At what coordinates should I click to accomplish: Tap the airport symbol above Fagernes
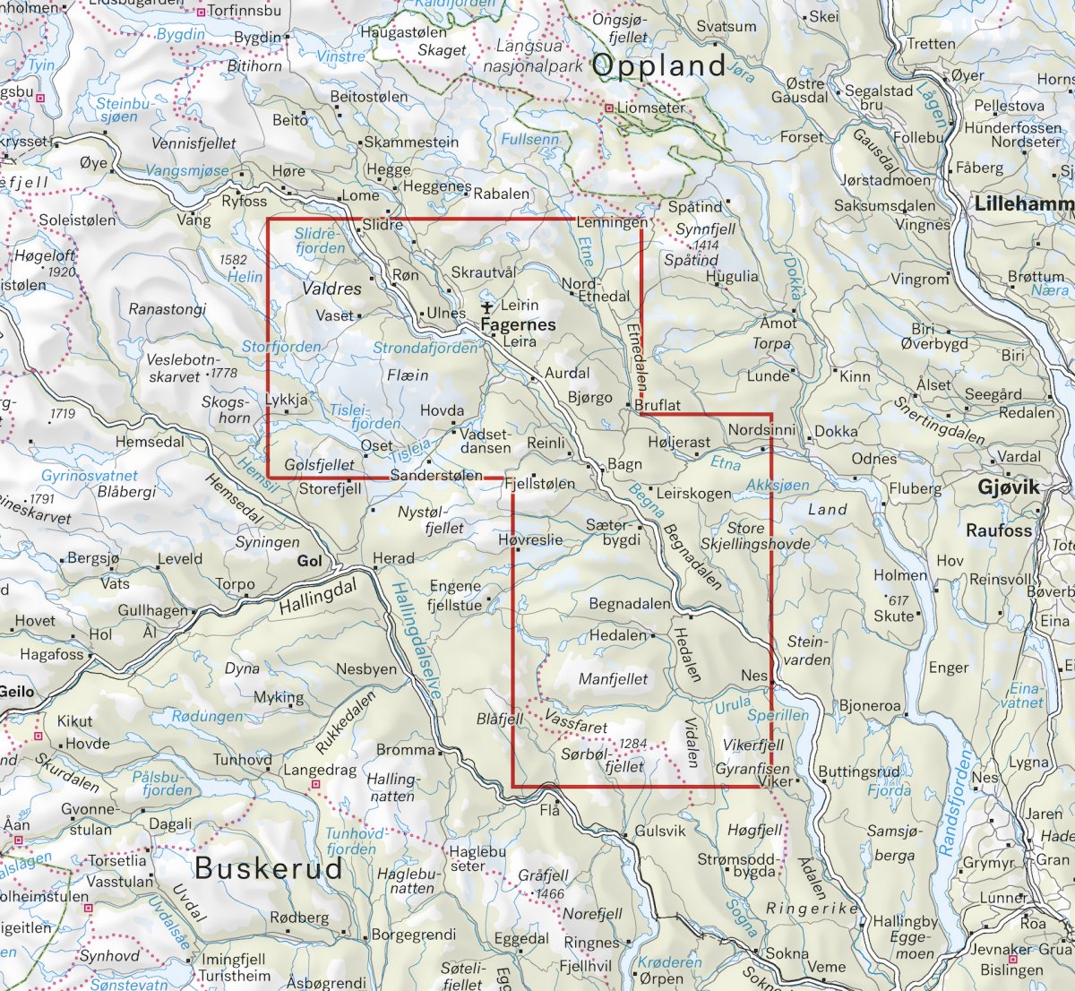tap(488, 308)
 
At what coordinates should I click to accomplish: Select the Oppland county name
tap(658, 65)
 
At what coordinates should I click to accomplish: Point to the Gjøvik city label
tap(1009, 487)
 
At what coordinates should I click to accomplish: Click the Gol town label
tap(309, 561)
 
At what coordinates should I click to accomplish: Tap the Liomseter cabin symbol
tap(609, 108)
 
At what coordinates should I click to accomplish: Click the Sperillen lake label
tap(778, 715)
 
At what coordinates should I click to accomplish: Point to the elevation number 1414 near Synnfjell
tap(705, 245)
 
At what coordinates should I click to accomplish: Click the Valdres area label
tap(331, 289)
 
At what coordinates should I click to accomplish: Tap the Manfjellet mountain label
tap(613, 679)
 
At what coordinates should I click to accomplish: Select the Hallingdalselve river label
tap(417, 640)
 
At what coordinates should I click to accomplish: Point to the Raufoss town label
tap(999, 530)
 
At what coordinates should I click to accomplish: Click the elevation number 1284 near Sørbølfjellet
tap(632, 744)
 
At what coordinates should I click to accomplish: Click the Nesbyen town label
tap(366, 669)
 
